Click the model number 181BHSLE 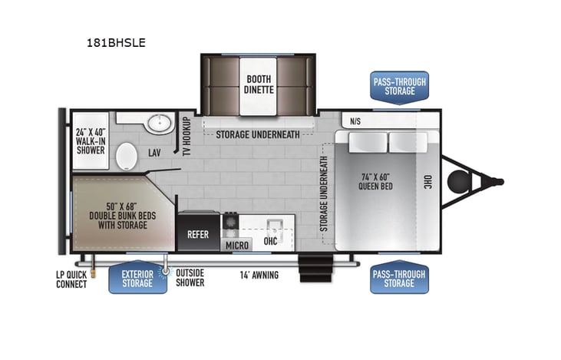tap(116, 43)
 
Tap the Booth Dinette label tap(259, 84)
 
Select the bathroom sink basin tap(160, 123)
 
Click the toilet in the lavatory tap(127, 157)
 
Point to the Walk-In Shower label tap(91, 140)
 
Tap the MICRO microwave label tap(236, 245)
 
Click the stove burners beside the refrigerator tap(230, 223)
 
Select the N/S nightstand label tap(355, 121)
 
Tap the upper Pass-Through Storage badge tap(399, 87)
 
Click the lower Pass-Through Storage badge tap(399, 279)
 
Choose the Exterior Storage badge tap(137, 279)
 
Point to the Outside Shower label tap(190, 278)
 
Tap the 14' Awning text tap(259, 275)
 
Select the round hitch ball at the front tap(458, 182)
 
